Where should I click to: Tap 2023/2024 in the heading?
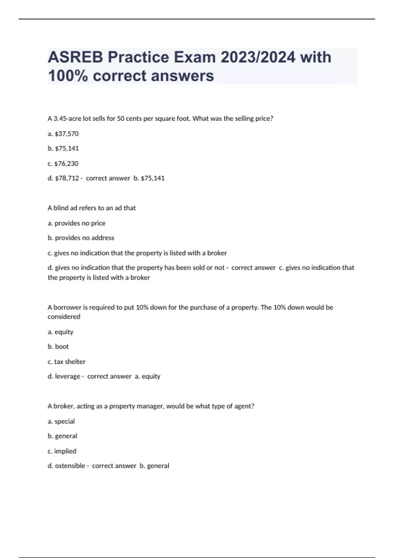click(x=258, y=57)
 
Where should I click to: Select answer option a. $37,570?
click(x=63, y=134)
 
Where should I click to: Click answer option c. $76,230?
click(x=63, y=163)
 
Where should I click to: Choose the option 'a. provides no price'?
click(x=77, y=223)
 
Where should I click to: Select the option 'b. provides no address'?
click(x=81, y=238)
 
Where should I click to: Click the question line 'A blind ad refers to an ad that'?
click(x=92, y=208)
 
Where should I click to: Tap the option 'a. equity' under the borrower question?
click(x=60, y=332)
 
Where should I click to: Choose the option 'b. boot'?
click(x=58, y=347)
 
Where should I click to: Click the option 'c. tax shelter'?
click(x=66, y=362)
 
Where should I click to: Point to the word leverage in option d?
click(x=68, y=376)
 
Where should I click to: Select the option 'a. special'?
click(x=61, y=421)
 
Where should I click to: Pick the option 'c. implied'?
click(x=62, y=451)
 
